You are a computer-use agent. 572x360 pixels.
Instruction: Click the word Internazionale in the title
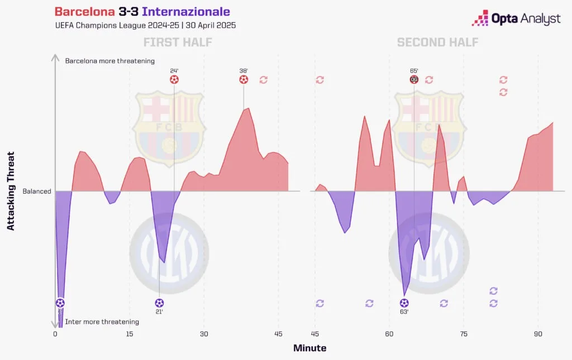pos(186,12)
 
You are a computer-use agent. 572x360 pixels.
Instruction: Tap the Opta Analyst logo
pos(516,20)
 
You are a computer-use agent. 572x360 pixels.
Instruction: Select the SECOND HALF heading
pos(438,42)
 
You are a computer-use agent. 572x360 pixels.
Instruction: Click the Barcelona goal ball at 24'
pos(174,80)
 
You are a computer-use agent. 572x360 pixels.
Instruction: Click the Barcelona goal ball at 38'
pos(244,80)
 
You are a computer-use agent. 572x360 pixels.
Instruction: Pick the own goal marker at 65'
pos(414,80)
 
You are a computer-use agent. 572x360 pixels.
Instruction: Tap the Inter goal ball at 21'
pos(159,303)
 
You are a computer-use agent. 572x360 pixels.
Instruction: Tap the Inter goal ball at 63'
pos(404,303)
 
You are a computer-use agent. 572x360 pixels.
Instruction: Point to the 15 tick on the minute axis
pos(130,334)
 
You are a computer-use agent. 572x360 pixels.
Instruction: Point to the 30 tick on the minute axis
pos(204,334)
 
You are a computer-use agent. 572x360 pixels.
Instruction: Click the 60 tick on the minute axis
pos(389,334)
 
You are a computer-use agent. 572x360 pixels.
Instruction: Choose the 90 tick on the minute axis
pos(538,334)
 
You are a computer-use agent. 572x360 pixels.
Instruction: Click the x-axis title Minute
pos(310,348)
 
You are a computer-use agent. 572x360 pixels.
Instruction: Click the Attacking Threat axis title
pos(11,191)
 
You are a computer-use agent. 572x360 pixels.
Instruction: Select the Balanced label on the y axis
pos(37,191)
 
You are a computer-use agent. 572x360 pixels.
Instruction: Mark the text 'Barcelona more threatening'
pos(110,61)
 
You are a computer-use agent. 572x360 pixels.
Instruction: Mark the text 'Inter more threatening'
pos(102,322)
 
